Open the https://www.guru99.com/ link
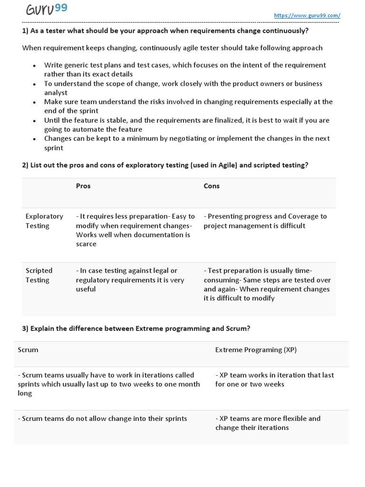click(x=307, y=15)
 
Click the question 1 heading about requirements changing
click(x=165, y=31)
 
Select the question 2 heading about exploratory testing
click(x=165, y=165)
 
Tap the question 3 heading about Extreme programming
click(x=136, y=329)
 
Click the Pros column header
click(x=83, y=186)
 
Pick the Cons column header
click(x=211, y=186)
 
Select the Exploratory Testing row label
click(x=44, y=221)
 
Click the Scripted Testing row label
click(x=39, y=275)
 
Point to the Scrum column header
click(x=28, y=350)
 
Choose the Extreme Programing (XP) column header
click(x=256, y=350)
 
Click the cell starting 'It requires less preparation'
click(x=135, y=230)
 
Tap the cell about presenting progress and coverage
click(x=265, y=221)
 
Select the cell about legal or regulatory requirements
click(x=130, y=280)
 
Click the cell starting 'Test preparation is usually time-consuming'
click(x=267, y=284)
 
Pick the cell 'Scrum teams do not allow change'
click(x=102, y=419)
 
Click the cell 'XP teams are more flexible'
click(x=268, y=423)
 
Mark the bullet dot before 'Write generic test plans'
click(x=34, y=66)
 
